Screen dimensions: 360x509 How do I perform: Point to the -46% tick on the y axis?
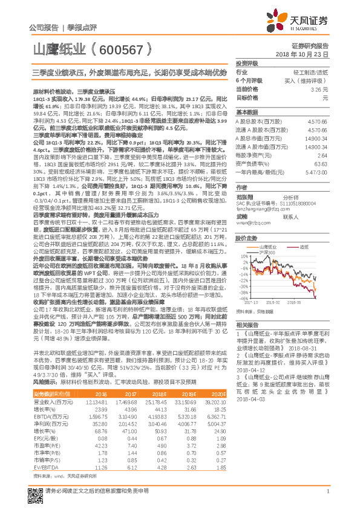point(243,298)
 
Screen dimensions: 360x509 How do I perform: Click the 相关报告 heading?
point(247,324)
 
